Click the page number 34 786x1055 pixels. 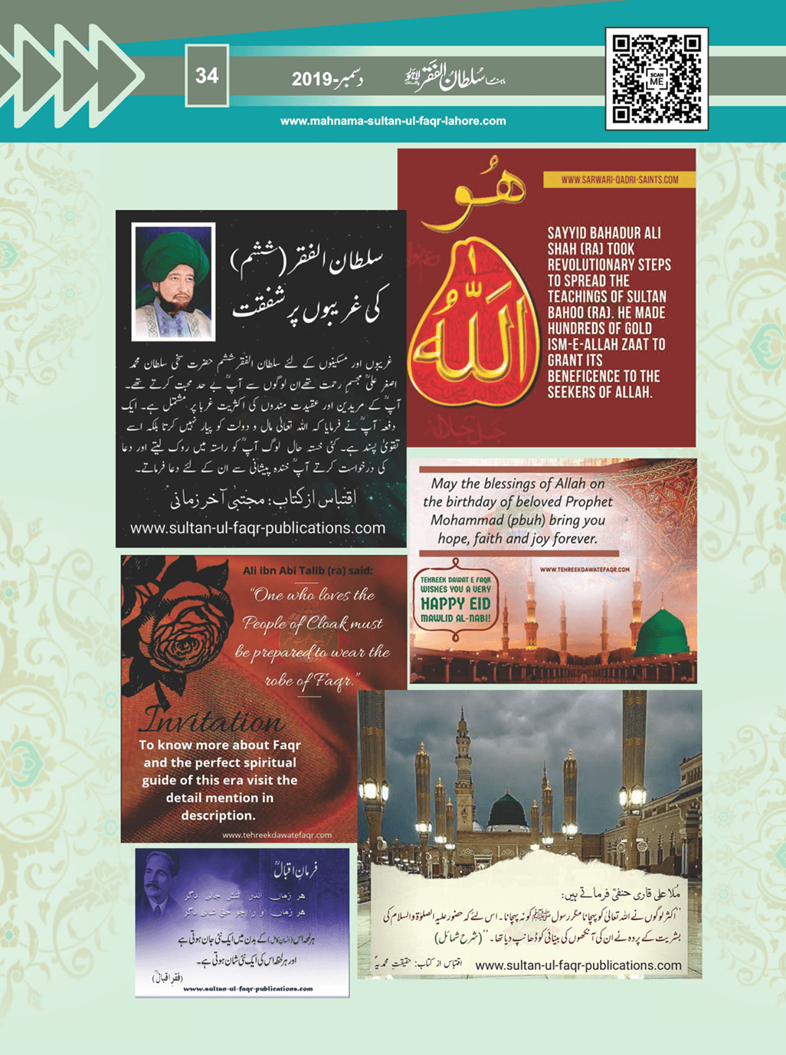coord(207,76)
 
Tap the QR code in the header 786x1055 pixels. coord(657,78)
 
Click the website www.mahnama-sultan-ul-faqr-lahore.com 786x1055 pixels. coord(393,121)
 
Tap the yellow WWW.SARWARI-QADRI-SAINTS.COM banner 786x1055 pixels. coord(619,179)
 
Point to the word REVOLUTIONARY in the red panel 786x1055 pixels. coord(609,265)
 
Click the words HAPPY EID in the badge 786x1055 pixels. coord(455,603)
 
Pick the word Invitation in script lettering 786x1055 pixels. coord(213,721)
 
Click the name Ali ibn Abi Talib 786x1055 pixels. coord(283,570)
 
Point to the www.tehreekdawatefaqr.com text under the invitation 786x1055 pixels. coord(277,835)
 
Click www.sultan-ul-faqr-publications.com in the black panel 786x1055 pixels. coord(257,528)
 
